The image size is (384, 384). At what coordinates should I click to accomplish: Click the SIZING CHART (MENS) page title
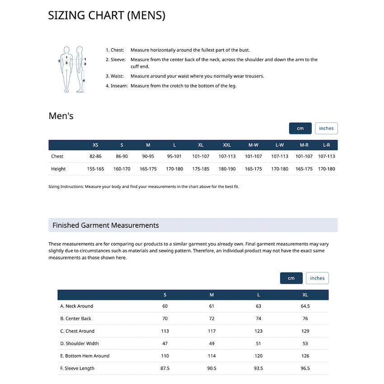pos(107,15)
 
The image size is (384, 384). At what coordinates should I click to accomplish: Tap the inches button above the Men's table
pos(326,128)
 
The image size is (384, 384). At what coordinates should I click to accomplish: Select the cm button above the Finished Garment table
pos(291,278)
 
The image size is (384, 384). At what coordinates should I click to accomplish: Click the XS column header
pos(95,145)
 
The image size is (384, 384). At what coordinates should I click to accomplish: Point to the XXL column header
pos(227,145)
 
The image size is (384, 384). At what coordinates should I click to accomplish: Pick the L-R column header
pos(326,145)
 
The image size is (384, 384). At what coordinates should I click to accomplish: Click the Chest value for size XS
pos(95,156)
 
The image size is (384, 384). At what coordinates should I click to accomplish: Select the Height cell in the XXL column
pos(227,169)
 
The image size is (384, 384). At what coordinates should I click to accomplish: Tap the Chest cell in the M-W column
pos(253,156)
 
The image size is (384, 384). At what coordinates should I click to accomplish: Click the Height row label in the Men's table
pos(58,169)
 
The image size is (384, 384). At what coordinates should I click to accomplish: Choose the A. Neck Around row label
pos(77,306)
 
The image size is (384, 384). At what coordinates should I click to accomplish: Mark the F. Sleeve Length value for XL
pos(305,368)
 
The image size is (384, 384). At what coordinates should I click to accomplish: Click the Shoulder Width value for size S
pos(165,343)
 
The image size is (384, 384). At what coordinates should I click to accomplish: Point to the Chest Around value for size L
pos(258,331)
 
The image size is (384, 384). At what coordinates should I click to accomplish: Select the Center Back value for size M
pos(212,318)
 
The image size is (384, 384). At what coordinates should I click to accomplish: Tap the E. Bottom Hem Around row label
pos(85,356)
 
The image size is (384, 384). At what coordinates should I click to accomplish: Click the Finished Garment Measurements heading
pos(106,225)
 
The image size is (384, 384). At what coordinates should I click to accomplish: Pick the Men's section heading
pos(61,116)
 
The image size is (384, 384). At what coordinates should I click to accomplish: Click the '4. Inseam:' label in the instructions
pos(117,86)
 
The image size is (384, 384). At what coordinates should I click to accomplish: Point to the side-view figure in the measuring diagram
pos(80,69)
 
